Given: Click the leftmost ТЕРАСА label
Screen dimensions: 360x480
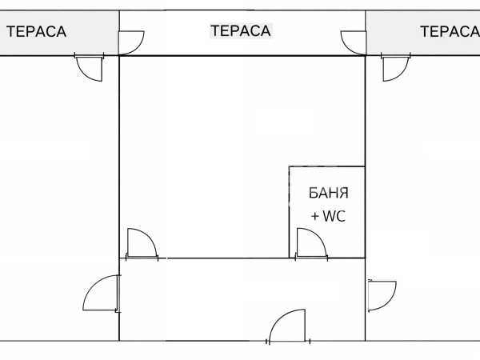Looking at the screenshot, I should coord(36,32).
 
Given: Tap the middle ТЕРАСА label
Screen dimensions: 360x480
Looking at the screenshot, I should coord(241,31).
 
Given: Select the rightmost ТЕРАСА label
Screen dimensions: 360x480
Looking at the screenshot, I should coord(449,32).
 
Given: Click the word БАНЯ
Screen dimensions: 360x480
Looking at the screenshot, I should coord(328,194).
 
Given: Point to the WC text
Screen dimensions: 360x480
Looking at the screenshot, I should coord(334,216).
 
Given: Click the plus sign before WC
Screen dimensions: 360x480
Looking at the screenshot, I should coord(315,216).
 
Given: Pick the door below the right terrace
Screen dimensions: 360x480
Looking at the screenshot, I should coord(394,68).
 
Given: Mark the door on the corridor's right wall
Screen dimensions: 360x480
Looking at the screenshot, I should coord(381,294).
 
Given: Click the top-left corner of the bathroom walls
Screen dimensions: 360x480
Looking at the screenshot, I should coord(289,166).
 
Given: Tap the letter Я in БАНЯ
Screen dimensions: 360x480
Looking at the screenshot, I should coord(345,194).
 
